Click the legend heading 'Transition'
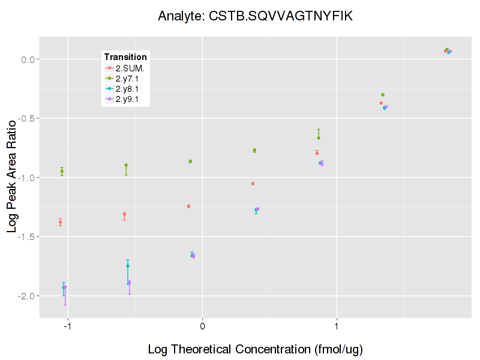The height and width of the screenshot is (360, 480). tap(125, 57)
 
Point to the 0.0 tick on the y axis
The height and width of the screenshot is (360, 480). tap(29, 59)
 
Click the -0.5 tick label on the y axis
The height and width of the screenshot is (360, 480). tap(28, 118)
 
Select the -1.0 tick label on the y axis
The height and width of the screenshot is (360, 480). tap(28, 178)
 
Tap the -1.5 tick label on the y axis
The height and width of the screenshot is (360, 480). tap(28, 236)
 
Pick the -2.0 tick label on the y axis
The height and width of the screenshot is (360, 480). tap(28, 296)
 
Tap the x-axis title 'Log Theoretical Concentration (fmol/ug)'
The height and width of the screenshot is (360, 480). tap(255, 349)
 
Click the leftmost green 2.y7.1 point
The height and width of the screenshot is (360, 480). tap(62, 172)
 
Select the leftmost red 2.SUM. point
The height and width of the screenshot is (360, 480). tap(60, 223)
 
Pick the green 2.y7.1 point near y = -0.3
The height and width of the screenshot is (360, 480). tap(383, 95)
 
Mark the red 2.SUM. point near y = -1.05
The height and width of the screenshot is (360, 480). tap(253, 184)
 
